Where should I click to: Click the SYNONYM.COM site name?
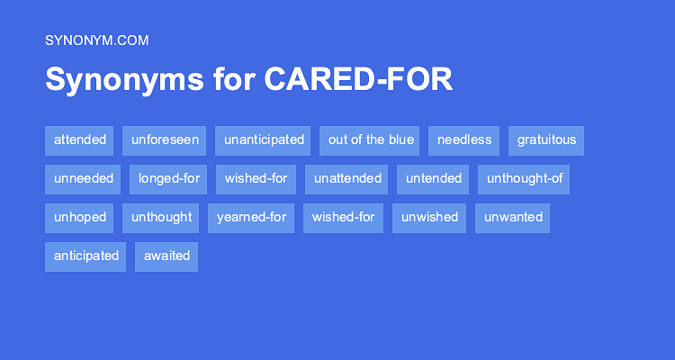(x=96, y=40)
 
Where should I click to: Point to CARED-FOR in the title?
(x=358, y=80)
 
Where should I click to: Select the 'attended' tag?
(x=79, y=140)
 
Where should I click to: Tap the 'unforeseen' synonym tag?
(x=165, y=140)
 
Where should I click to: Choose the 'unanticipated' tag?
(x=263, y=140)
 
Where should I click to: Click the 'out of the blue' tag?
(x=370, y=140)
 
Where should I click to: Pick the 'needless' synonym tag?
(x=463, y=140)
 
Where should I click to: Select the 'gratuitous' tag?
(x=546, y=140)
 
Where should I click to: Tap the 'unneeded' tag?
(x=83, y=179)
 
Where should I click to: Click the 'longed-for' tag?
(x=168, y=179)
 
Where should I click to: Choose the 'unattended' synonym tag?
(x=346, y=179)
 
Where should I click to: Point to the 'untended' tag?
(x=433, y=179)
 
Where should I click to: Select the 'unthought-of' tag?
(x=524, y=179)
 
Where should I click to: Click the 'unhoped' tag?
(x=79, y=218)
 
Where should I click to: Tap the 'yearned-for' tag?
(x=251, y=218)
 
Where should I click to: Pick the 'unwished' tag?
(x=429, y=218)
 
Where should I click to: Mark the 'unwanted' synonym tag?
(x=512, y=218)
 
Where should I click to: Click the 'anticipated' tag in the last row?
(x=85, y=256)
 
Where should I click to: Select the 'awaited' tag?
(x=166, y=256)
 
